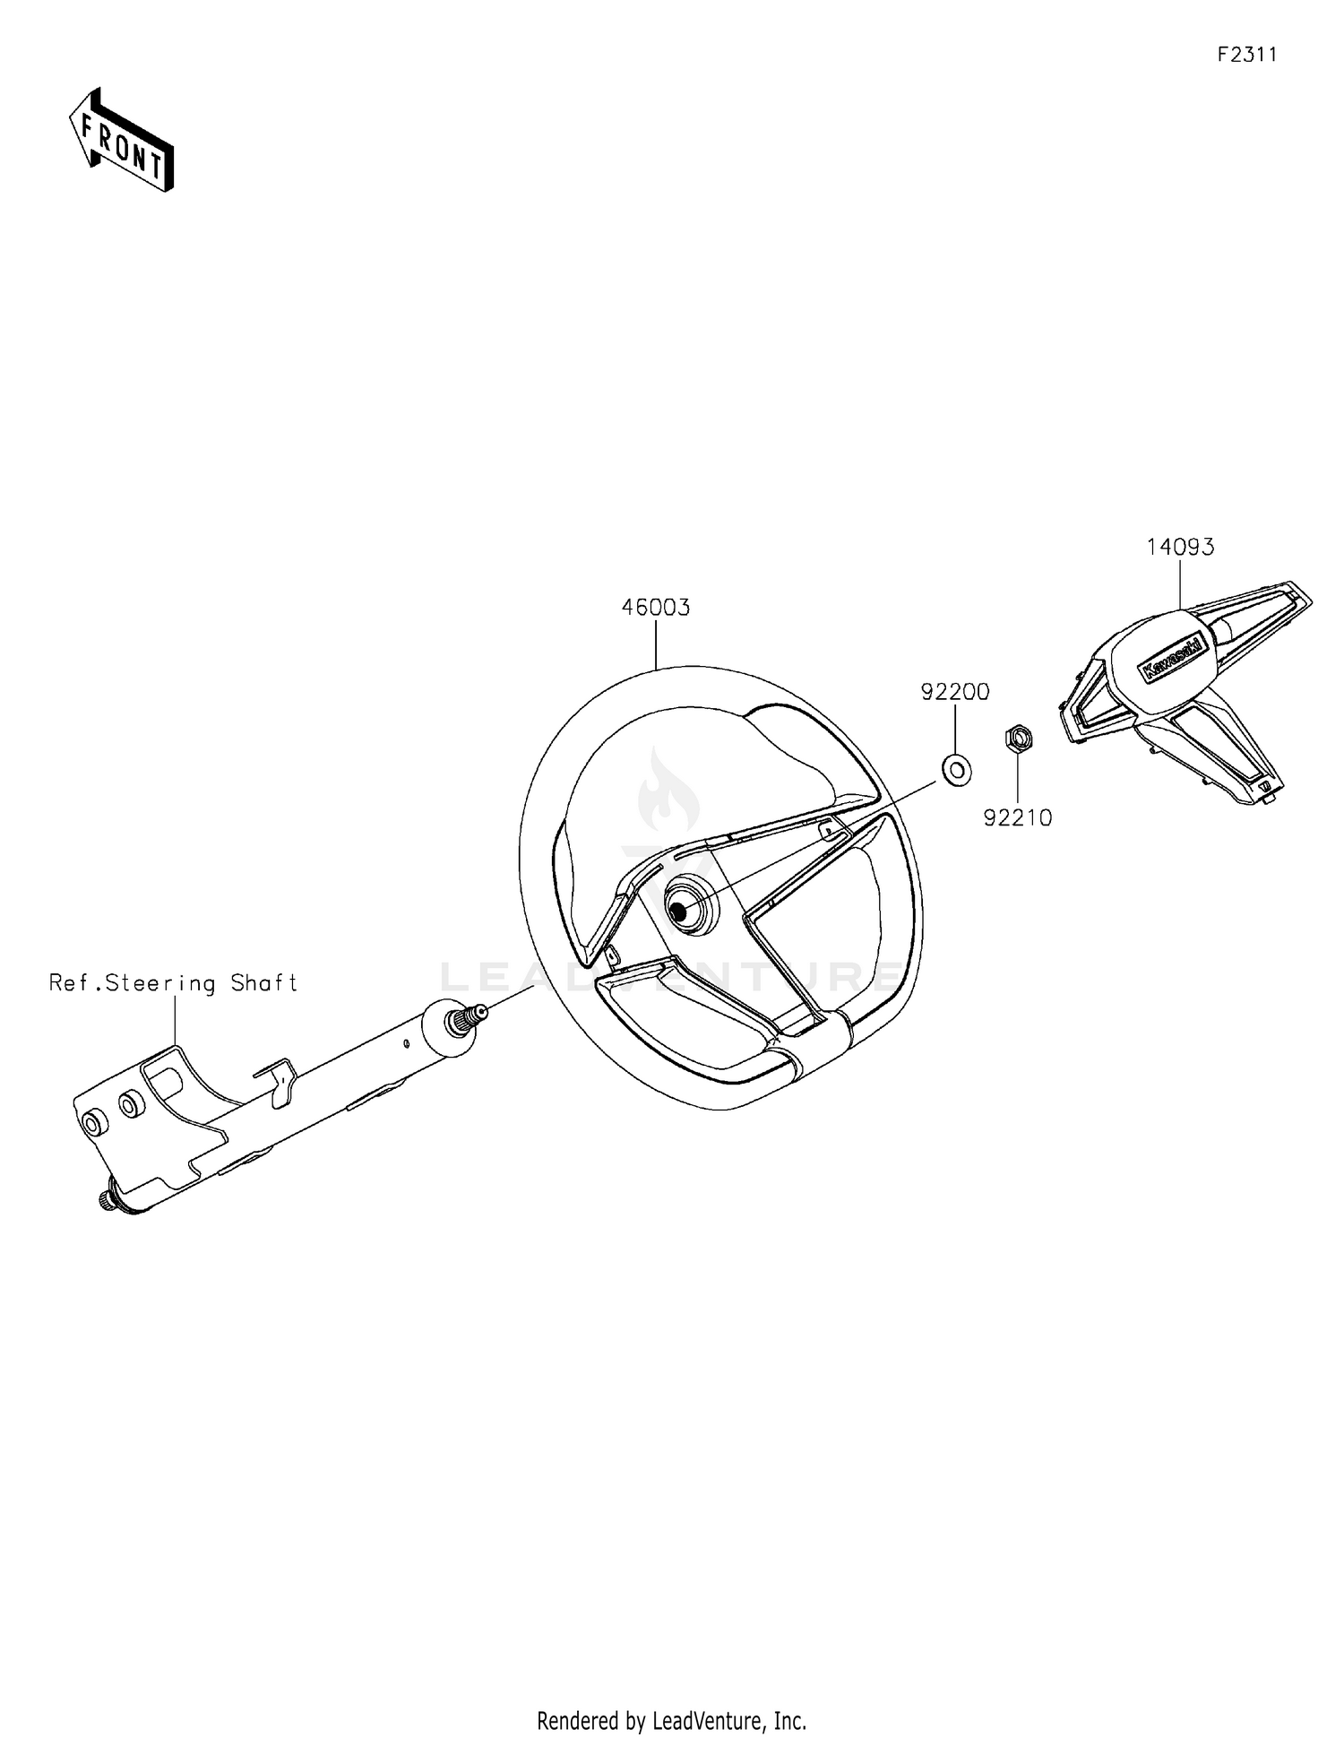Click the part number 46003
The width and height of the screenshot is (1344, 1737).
click(x=656, y=608)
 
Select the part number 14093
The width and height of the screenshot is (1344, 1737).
click(x=1181, y=547)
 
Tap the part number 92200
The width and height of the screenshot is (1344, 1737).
click(x=955, y=692)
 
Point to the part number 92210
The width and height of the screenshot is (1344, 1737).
click(x=1018, y=817)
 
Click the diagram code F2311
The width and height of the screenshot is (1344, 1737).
click(x=1247, y=55)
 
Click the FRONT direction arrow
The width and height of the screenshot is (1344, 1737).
click(x=122, y=140)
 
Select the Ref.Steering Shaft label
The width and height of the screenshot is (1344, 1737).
click(x=173, y=983)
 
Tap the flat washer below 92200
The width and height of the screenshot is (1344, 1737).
click(x=957, y=768)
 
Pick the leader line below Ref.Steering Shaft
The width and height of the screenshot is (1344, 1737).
click(x=175, y=1022)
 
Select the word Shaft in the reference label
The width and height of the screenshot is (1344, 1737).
click(x=264, y=983)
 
